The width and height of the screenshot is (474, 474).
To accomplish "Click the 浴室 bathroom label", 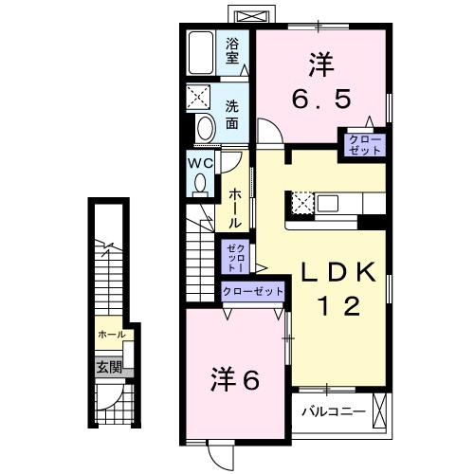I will [233, 49].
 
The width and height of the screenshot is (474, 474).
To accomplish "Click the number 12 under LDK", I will [337, 305].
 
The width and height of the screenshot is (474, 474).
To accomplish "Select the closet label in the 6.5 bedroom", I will [365, 146].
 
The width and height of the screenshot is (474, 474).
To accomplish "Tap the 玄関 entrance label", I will [107, 367].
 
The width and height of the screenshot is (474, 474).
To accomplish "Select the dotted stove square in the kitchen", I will [301, 203].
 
